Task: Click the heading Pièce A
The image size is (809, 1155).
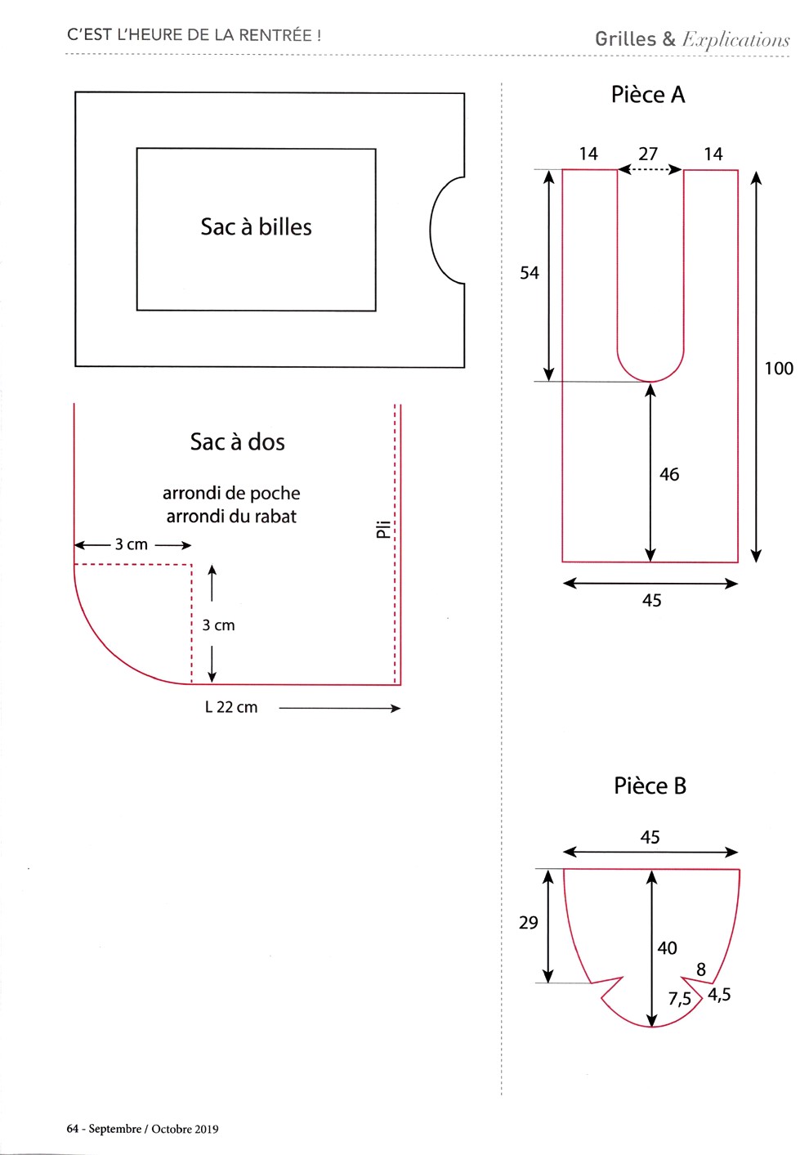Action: pos(648,94)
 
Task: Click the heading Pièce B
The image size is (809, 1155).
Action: pos(650,786)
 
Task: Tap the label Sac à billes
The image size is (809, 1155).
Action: pos(256,227)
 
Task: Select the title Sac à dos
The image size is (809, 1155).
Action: pos(237,441)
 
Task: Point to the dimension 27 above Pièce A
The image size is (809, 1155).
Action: pos(648,154)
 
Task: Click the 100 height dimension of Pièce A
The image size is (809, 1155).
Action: pos(779,368)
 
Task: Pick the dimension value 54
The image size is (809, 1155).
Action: pos(529,273)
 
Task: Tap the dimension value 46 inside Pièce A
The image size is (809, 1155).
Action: pos(669,474)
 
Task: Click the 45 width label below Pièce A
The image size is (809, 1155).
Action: pos(652,600)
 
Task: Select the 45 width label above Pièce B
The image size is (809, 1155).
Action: pos(650,837)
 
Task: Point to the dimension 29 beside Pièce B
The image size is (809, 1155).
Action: pos(529,923)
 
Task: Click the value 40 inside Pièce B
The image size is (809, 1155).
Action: pos(667,947)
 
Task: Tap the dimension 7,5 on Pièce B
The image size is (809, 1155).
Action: pos(680,999)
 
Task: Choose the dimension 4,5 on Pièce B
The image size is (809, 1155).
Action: pos(719,994)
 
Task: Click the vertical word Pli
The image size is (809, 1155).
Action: pos(383,530)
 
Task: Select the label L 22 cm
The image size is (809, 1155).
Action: pos(231,707)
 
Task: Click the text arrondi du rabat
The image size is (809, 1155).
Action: pos(231,516)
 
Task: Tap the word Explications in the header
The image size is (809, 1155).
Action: pos(735,40)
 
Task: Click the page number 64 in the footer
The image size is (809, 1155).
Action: pos(72,1129)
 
